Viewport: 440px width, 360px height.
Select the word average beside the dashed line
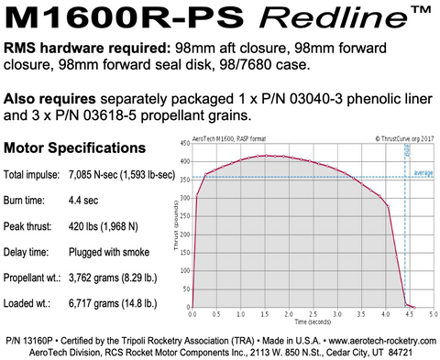[423, 171]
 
